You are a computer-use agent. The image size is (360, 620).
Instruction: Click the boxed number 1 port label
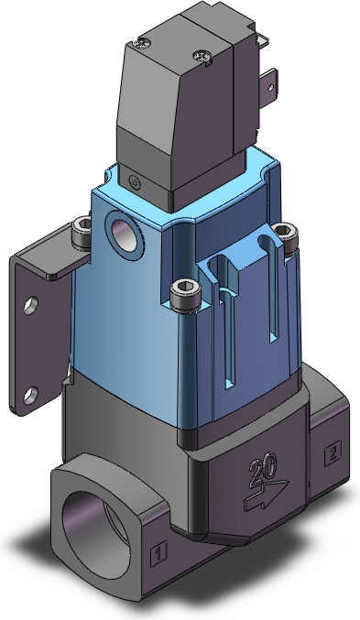click(x=159, y=551)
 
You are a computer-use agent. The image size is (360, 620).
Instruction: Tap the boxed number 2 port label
click(x=333, y=453)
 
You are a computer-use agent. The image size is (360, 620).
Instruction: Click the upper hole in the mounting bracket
click(x=31, y=305)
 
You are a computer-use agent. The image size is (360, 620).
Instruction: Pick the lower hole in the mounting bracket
click(x=30, y=395)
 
